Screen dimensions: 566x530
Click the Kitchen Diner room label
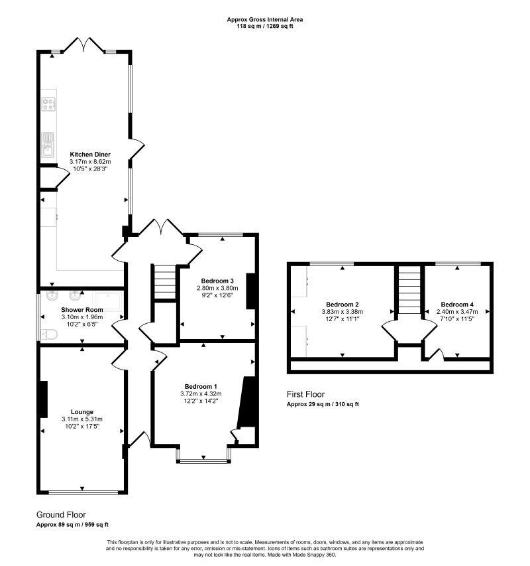point(90,154)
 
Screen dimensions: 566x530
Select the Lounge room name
point(82,411)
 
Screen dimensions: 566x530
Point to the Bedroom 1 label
point(201,386)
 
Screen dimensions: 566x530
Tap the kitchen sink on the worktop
point(48,144)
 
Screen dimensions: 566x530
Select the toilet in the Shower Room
point(48,334)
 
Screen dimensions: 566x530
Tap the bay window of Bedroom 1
point(203,458)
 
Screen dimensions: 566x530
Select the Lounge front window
point(82,492)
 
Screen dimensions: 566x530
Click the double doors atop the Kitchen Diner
point(84,45)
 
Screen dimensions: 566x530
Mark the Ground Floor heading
point(61,514)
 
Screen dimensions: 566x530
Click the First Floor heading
point(305,394)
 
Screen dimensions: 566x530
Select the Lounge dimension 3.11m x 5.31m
point(82,419)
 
